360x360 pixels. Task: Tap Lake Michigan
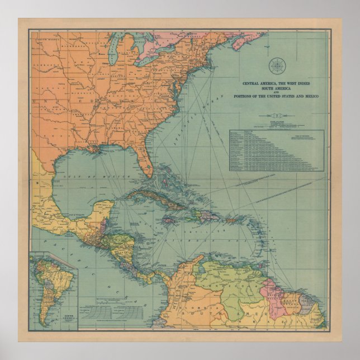[114, 55]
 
